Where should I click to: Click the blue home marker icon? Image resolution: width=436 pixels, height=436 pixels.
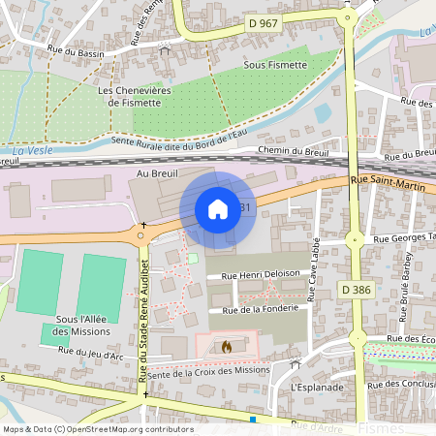click(x=218, y=209)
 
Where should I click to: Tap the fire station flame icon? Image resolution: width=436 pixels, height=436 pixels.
click(x=227, y=345)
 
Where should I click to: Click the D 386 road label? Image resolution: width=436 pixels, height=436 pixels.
click(x=357, y=290)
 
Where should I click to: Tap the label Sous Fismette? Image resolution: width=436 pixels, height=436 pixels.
click(x=275, y=64)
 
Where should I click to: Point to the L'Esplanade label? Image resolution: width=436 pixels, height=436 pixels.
click(x=317, y=387)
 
